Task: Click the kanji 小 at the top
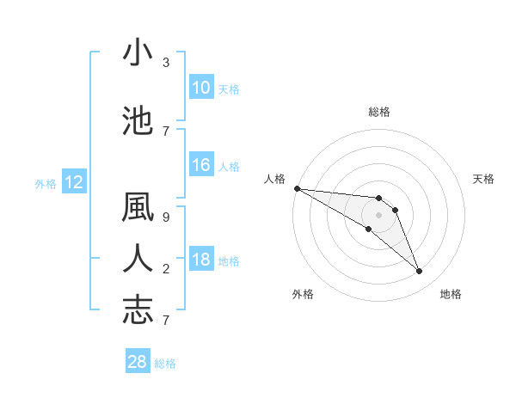coord(138,53)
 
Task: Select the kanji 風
coord(138,210)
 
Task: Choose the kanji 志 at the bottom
coord(138,310)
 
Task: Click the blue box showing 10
coord(201,88)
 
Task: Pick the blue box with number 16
coord(201,165)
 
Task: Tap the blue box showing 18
coord(201,260)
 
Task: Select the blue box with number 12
coord(74,182)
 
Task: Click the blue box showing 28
coord(138,362)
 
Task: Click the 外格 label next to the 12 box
coord(45,183)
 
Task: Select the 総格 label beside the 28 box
coord(165,364)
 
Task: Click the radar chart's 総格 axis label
coord(379,112)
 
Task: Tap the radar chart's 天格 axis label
coord(484,179)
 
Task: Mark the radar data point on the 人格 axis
coord(297,187)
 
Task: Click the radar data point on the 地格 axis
coord(420,272)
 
